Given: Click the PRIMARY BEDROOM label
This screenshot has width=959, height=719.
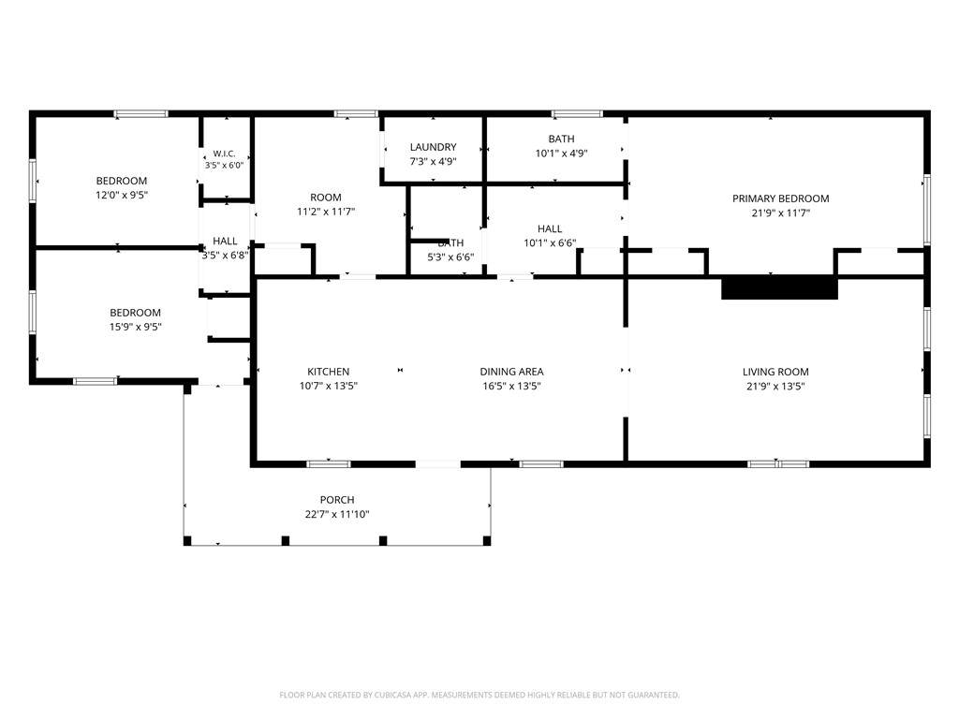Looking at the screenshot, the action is tap(780, 198).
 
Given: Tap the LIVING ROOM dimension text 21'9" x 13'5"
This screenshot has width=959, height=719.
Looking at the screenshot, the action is tap(775, 386).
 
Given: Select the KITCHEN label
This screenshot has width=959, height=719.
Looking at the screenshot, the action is tap(329, 371).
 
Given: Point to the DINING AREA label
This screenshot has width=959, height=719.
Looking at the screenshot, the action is tap(511, 371).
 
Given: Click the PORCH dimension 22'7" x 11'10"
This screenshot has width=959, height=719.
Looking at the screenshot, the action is tap(337, 514).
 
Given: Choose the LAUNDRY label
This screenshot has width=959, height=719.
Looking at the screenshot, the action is tap(433, 147).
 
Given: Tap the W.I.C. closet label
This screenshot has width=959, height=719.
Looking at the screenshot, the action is tap(224, 154).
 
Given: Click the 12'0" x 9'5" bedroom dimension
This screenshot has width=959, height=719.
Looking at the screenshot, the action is tap(122, 195).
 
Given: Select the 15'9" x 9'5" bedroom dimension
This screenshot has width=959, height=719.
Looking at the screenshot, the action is tap(135, 327).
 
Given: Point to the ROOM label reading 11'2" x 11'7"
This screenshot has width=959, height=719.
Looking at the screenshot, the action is tap(325, 197).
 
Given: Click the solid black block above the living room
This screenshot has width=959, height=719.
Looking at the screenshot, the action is tap(779, 288).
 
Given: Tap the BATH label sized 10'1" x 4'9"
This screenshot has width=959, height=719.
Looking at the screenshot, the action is tap(561, 139).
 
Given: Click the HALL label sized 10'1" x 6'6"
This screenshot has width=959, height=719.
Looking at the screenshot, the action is tap(549, 228).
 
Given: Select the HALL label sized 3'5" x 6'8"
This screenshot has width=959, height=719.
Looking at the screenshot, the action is tap(225, 241).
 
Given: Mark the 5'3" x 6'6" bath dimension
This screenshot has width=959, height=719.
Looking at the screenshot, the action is tap(450, 257).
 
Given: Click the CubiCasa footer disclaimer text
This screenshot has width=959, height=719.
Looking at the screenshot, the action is tap(479, 695).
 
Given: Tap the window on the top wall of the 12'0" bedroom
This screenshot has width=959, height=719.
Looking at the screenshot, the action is tap(140, 113).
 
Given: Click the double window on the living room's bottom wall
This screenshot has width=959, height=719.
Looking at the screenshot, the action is tap(778, 464).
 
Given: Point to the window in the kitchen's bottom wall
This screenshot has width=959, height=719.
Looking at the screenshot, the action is tap(329, 464).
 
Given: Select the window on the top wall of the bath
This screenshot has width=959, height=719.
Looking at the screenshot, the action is tap(577, 113).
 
